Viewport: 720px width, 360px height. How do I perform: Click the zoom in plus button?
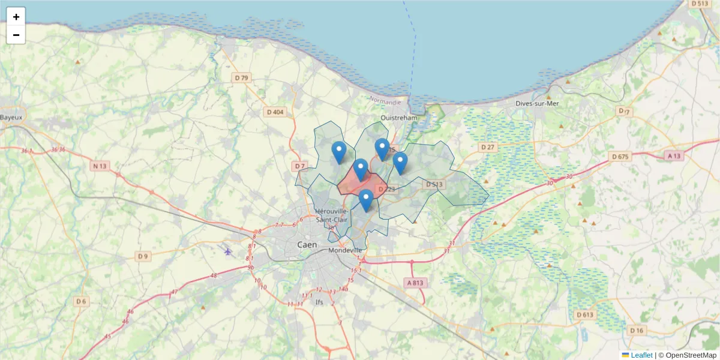tap(16, 17)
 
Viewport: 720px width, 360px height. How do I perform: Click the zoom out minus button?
tap(16, 35)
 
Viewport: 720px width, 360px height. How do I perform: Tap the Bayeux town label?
tap(10, 117)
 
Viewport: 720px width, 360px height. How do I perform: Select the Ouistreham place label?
tap(399, 118)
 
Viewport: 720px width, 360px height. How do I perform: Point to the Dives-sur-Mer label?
tap(537, 103)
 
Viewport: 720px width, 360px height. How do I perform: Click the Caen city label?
tap(308, 245)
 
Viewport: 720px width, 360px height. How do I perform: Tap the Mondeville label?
tap(345, 250)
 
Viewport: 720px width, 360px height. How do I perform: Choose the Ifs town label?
tap(319, 302)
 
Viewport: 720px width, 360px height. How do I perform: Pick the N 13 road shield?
tap(100, 166)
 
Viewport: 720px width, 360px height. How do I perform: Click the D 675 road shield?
tap(620, 157)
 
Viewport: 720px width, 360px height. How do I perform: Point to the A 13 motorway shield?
tap(674, 156)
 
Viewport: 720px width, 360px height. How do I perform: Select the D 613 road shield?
tap(584, 314)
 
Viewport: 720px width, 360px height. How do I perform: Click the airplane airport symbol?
tap(228, 251)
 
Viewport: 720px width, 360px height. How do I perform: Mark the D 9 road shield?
tap(142, 257)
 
